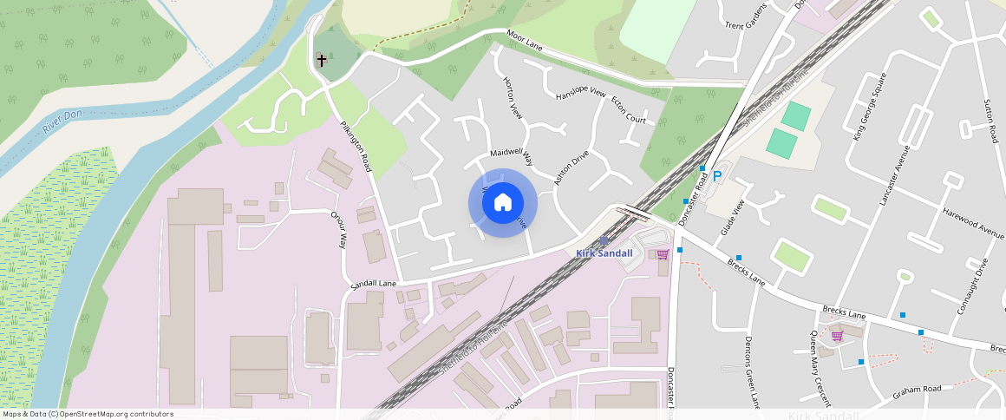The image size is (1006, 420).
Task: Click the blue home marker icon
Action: click(x=502, y=203)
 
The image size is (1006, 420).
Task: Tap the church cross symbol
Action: click(x=322, y=61)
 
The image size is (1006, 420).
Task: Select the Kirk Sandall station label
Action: click(x=604, y=253)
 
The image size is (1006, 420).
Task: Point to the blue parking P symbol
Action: click(x=717, y=177)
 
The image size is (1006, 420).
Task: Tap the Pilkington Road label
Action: click(x=356, y=145)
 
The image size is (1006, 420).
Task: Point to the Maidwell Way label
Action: click(x=511, y=155)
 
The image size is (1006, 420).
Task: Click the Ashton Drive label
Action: click(x=572, y=167)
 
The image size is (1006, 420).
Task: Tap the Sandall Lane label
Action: click(x=374, y=284)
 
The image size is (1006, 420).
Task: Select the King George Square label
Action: click(x=870, y=107)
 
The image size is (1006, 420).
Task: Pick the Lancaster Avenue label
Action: click(x=893, y=175)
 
